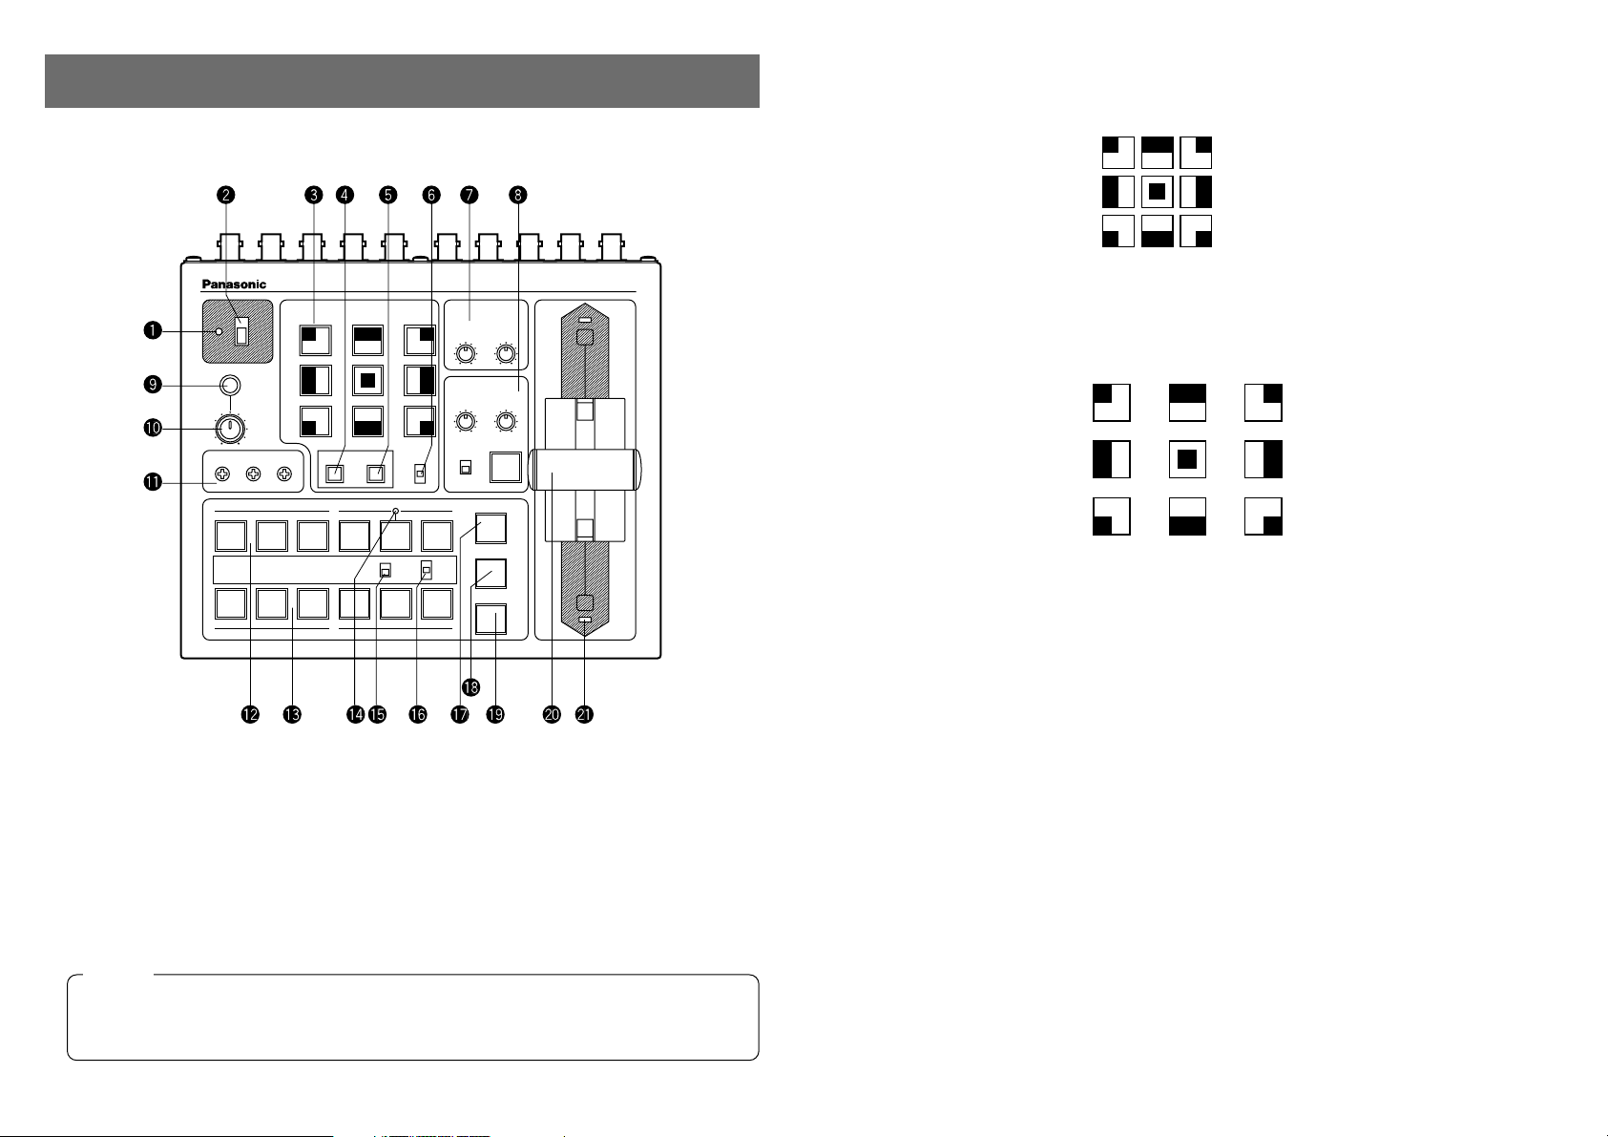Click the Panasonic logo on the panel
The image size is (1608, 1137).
(234, 284)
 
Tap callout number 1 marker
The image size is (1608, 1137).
(152, 330)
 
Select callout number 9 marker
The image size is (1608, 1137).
(152, 385)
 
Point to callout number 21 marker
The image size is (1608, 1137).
(584, 715)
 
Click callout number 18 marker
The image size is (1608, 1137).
(470, 687)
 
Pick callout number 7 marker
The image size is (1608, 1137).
(469, 195)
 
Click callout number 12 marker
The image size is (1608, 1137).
(250, 715)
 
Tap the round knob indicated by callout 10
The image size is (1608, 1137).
(230, 430)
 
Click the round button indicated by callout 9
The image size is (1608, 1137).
(230, 386)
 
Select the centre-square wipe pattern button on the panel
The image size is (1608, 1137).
(367, 381)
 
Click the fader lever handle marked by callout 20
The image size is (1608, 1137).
(584, 470)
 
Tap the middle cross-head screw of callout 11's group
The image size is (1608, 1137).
(254, 474)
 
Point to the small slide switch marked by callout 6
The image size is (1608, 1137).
(421, 474)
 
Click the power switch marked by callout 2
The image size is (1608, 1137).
(242, 332)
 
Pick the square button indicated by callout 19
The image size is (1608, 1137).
(491, 620)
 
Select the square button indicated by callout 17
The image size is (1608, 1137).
(491, 529)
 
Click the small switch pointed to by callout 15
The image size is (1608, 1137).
(386, 571)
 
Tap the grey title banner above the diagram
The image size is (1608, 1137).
(402, 81)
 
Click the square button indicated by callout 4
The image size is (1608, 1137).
(335, 474)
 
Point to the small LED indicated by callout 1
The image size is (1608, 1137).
(219, 331)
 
